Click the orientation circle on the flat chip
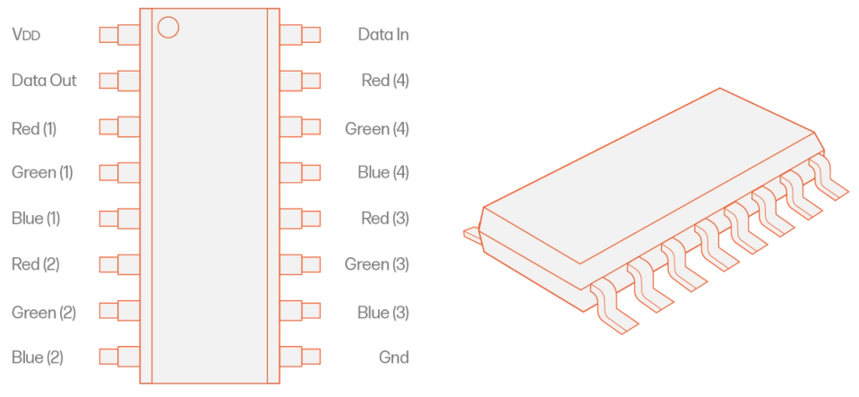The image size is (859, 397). [168, 26]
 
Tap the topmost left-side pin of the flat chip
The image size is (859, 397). [116, 35]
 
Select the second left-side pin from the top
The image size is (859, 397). [116, 81]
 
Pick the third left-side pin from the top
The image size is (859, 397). [116, 126]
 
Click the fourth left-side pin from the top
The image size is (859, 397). [116, 172]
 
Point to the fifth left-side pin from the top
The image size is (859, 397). [116, 218]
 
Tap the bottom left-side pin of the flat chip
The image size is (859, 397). [116, 356]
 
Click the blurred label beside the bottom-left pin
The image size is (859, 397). [39, 357]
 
